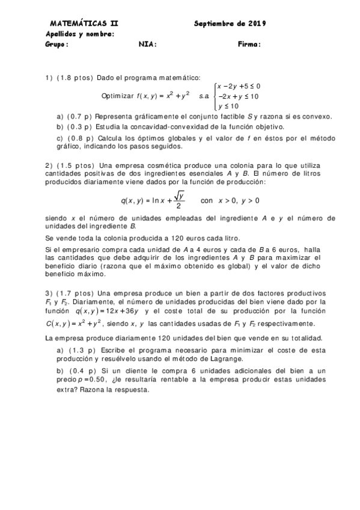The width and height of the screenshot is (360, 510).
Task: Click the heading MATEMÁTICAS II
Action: click(84, 23)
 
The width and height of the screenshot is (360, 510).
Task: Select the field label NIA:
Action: click(148, 44)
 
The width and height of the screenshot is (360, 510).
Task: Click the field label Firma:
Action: click(249, 44)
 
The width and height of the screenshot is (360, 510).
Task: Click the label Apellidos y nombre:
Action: click(80, 34)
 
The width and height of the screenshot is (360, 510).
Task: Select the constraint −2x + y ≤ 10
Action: click(238, 96)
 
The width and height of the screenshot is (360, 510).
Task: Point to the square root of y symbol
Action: click(179, 196)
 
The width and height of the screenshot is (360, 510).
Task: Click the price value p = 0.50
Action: click(92, 380)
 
